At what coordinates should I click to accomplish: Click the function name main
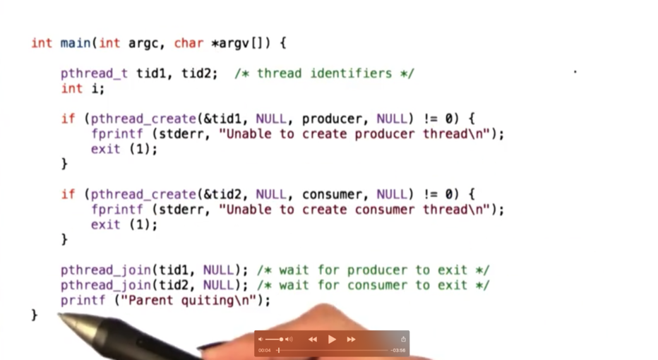(x=76, y=43)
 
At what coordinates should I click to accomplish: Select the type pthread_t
(x=94, y=73)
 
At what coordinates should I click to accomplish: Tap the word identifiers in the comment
(x=351, y=73)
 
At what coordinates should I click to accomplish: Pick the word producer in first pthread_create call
(x=333, y=119)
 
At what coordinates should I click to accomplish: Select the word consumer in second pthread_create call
(x=333, y=194)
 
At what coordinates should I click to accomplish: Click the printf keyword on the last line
(x=83, y=301)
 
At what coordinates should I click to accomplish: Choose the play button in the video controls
(x=332, y=339)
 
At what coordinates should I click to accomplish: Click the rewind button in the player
(x=313, y=339)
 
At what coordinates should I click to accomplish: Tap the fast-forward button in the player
(x=352, y=339)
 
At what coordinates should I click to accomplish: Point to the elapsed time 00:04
(x=264, y=350)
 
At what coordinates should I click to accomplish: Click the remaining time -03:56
(x=398, y=350)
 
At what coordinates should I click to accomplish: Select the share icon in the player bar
(x=403, y=339)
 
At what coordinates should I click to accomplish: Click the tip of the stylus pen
(x=59, y=315)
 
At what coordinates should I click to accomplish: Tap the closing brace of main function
(x=35, y=315)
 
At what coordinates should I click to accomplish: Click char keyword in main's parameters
(x=189, y=43)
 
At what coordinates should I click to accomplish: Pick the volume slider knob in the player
(x=281, y=339)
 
